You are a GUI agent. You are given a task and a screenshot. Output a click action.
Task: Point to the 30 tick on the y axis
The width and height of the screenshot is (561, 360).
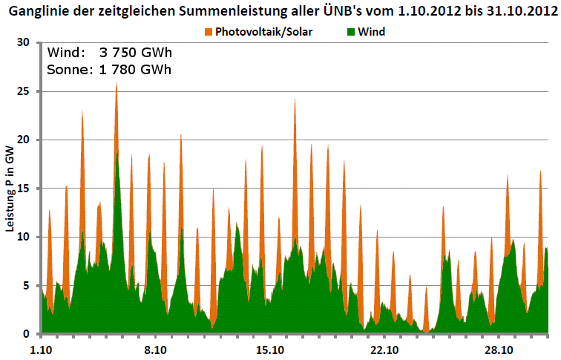click(23, 43)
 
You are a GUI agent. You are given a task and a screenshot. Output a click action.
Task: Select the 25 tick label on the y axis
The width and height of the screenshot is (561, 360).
click(23, 91)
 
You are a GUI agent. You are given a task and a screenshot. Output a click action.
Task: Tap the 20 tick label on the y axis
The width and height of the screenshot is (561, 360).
click(23, 140)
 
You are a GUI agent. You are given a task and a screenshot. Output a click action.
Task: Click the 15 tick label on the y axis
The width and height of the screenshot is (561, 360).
click(23, 189)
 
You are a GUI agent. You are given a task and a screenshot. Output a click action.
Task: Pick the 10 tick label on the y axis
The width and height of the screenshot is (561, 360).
click(23, 237)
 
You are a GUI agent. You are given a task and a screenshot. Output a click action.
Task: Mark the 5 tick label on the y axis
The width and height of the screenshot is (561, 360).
click(26, 286)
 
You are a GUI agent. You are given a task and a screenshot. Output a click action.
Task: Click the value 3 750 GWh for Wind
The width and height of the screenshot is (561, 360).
click(135, 53)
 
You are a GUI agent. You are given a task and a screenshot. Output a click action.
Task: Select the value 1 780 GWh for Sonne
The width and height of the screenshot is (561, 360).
click(135, 70)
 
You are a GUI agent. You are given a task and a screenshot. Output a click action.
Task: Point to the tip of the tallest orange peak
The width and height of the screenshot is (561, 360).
click(116, 83)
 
